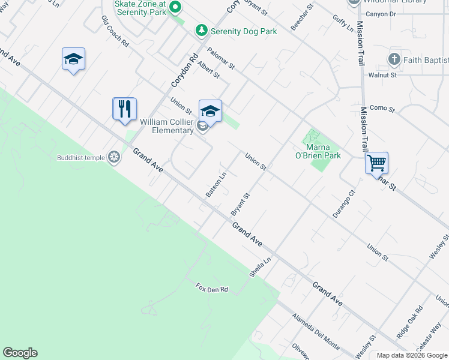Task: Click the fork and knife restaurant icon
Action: pyautogui.click(x=125, y=109)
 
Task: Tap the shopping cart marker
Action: pyautogui.click(x=376, y=163)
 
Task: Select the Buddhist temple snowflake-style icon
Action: pyautogui.click(x=113, y=158)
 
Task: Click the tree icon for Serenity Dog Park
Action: pyautogui.click(x=202, y=31)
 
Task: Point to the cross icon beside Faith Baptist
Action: pyautogui.click(x=394, y=59)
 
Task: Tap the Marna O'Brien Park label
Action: pyautogui.click(x=324, y=151)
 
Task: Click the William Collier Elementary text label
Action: pyautogui.click(x=167, y=126)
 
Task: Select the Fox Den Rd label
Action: pyautogui.click(x=212, y=289)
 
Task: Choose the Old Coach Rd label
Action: pyautogui.click(x=115, y=32)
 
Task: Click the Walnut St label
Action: pyautogui.click(x=383, y=75)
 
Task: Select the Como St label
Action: pyautogui.click(x=382, y=109)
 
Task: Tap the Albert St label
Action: pyautogui.click(x=208, y=70)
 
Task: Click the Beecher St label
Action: pyautogui.click(x=302, y=19)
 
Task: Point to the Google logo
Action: pyautogui.click(x=20, y=353)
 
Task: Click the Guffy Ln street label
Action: pyautogui.click(x=343, y=22)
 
